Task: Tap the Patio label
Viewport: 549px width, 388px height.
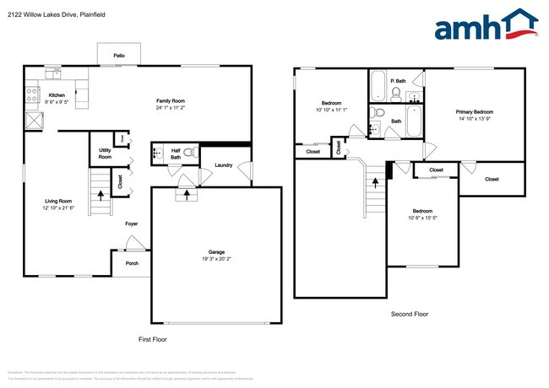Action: (119, 56)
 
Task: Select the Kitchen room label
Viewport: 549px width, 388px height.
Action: (57, 95)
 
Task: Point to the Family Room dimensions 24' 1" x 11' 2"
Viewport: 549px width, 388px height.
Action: (175, 108)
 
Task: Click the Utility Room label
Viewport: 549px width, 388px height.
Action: (105, 154)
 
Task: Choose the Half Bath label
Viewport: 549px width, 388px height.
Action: (176, 154)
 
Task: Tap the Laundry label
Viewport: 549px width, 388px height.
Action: (224, 165)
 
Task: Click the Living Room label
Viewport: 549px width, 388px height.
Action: (57, 201)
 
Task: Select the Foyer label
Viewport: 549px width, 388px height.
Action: (132, 224)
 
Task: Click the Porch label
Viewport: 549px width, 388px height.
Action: (132, 262)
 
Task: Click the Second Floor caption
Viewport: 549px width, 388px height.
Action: (410, 314)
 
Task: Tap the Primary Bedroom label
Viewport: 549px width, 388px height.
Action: (474, 111)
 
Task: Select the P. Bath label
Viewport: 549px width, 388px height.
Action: (399, 81)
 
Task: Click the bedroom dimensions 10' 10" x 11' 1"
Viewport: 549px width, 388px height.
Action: (330, 110)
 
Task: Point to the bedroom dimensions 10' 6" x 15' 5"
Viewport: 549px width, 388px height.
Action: (422, 217)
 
